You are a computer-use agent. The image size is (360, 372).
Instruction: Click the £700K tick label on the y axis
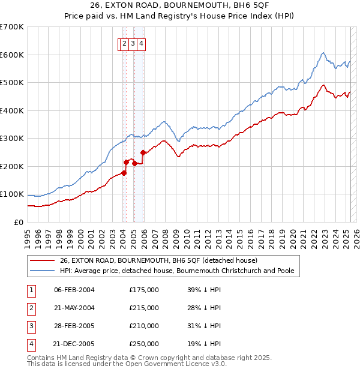(11, 27)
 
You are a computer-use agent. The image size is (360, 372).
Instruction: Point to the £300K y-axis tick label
(11, 139)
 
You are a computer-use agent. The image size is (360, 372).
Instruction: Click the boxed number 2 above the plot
(124, 43)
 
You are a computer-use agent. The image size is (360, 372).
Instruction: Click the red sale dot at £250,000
(143, 152)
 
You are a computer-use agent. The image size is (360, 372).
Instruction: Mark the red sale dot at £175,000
(124, 173)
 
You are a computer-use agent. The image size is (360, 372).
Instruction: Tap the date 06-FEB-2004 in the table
(74, 290)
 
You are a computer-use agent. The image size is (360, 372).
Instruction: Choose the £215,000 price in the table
(144, 308)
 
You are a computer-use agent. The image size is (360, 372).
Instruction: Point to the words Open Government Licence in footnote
(181, 364)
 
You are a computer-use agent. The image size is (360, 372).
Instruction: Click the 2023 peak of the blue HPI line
(323, 53)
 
